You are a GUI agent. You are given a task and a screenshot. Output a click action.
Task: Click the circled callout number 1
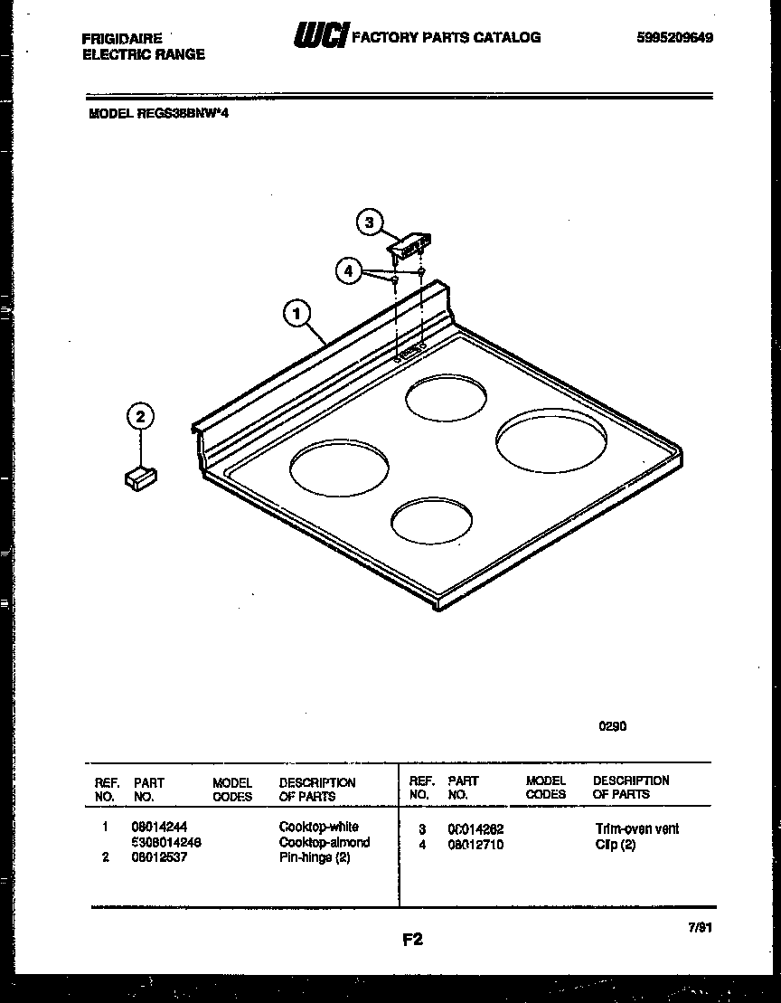pos(296,313)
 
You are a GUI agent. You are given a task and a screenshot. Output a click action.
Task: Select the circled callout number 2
pos(140,416)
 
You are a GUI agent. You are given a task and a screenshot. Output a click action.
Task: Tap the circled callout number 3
pos(369,223)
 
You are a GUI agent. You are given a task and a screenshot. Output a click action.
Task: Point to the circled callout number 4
pos(348,270)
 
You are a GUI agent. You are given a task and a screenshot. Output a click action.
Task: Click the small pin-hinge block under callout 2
pos(141,477)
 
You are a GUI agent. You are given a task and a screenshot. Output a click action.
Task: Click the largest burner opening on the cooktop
pos(543,440)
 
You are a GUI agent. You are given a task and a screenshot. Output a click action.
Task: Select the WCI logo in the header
pos(319,36)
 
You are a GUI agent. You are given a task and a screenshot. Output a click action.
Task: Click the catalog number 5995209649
pos(673,38)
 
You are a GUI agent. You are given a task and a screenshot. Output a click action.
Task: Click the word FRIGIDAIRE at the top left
pos(122,39)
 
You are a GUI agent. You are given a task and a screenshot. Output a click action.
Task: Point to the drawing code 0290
pos(612,725)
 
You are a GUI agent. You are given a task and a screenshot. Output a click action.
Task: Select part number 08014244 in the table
pos(159,827)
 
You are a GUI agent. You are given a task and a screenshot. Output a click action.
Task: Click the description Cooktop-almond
pos(325,842)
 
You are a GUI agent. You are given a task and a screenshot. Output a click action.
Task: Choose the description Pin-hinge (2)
pos(315,857)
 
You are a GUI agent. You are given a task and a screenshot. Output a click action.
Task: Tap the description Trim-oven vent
pos(637,828)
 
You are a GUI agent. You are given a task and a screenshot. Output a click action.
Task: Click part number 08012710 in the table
pos(475,845)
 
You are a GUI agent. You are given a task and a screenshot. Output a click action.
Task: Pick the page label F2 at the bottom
pos(412,939)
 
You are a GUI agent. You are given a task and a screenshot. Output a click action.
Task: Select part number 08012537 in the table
pos(159,857)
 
